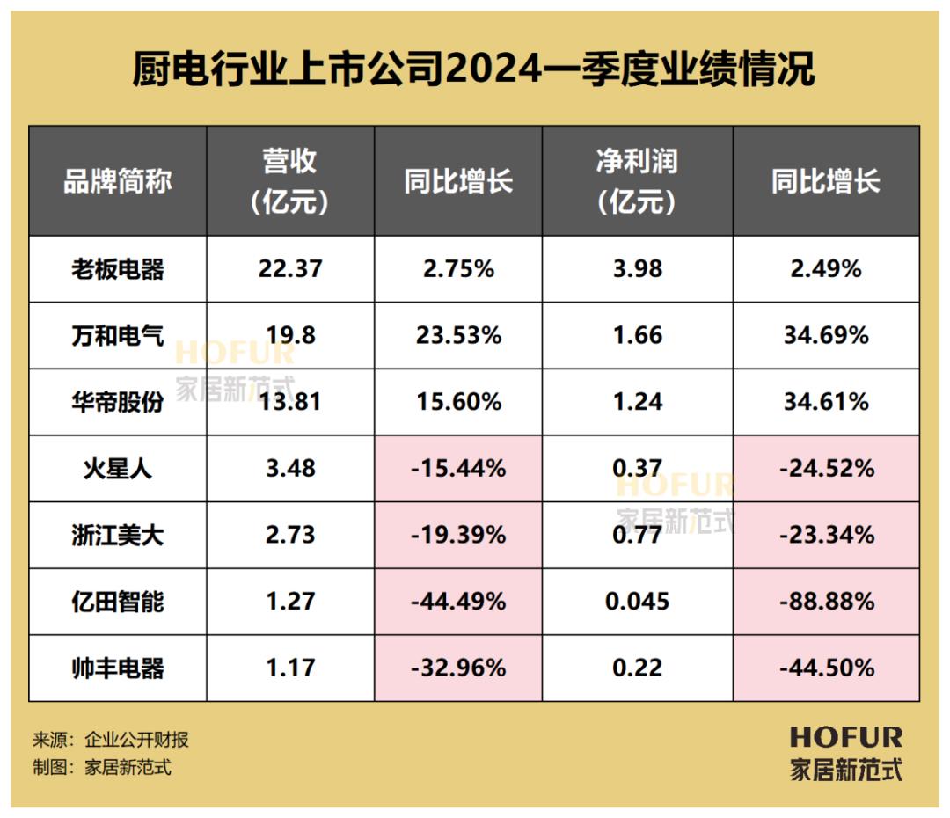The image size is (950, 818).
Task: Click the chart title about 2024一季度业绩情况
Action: point(474,69)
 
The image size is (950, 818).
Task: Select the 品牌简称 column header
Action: point(117,182)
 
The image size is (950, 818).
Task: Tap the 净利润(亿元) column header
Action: point(637,182)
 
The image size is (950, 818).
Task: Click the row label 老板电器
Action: point(117,269)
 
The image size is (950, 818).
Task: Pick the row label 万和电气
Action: point(117,335)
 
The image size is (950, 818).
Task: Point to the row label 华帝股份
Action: point(117,402)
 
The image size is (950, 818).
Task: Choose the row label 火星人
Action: point(117,468)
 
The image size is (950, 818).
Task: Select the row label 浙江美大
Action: point(117,535)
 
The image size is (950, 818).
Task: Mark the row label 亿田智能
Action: point(117,602)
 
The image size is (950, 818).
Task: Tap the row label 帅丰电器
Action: point(117,668)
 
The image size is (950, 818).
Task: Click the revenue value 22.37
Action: point(290,269)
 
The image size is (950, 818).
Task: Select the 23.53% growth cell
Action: point(458,335)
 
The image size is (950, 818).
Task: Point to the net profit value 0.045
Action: point(637,602)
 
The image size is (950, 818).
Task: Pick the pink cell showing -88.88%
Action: point(826,602)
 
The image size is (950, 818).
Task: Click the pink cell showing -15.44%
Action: point(458,468)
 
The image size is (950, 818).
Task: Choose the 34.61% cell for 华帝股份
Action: point(826,402)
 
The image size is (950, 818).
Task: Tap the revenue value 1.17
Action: point(290,668)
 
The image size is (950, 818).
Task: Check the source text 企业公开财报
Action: point(136,740)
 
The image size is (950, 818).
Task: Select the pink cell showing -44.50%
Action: point(826,668)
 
